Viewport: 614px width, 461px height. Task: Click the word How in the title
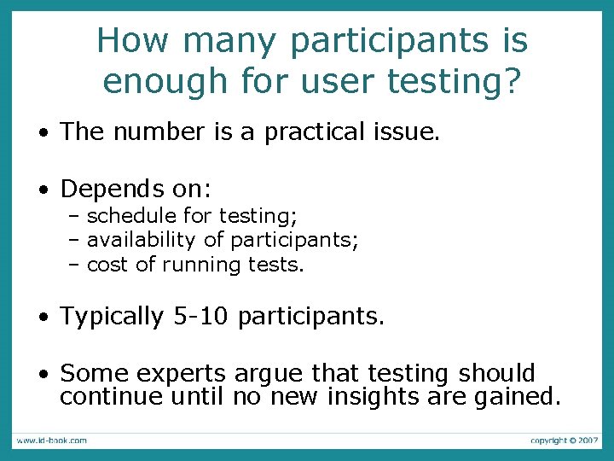[x=133, y=40]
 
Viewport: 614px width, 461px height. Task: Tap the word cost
[x=107, y=265]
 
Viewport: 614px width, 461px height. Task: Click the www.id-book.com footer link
[x=51, y=441]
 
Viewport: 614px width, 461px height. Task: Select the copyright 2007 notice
[x=564, y=441]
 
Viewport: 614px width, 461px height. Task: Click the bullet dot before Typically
[x=42, y=318]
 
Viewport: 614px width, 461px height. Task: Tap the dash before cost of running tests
[x=74, y=265]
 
